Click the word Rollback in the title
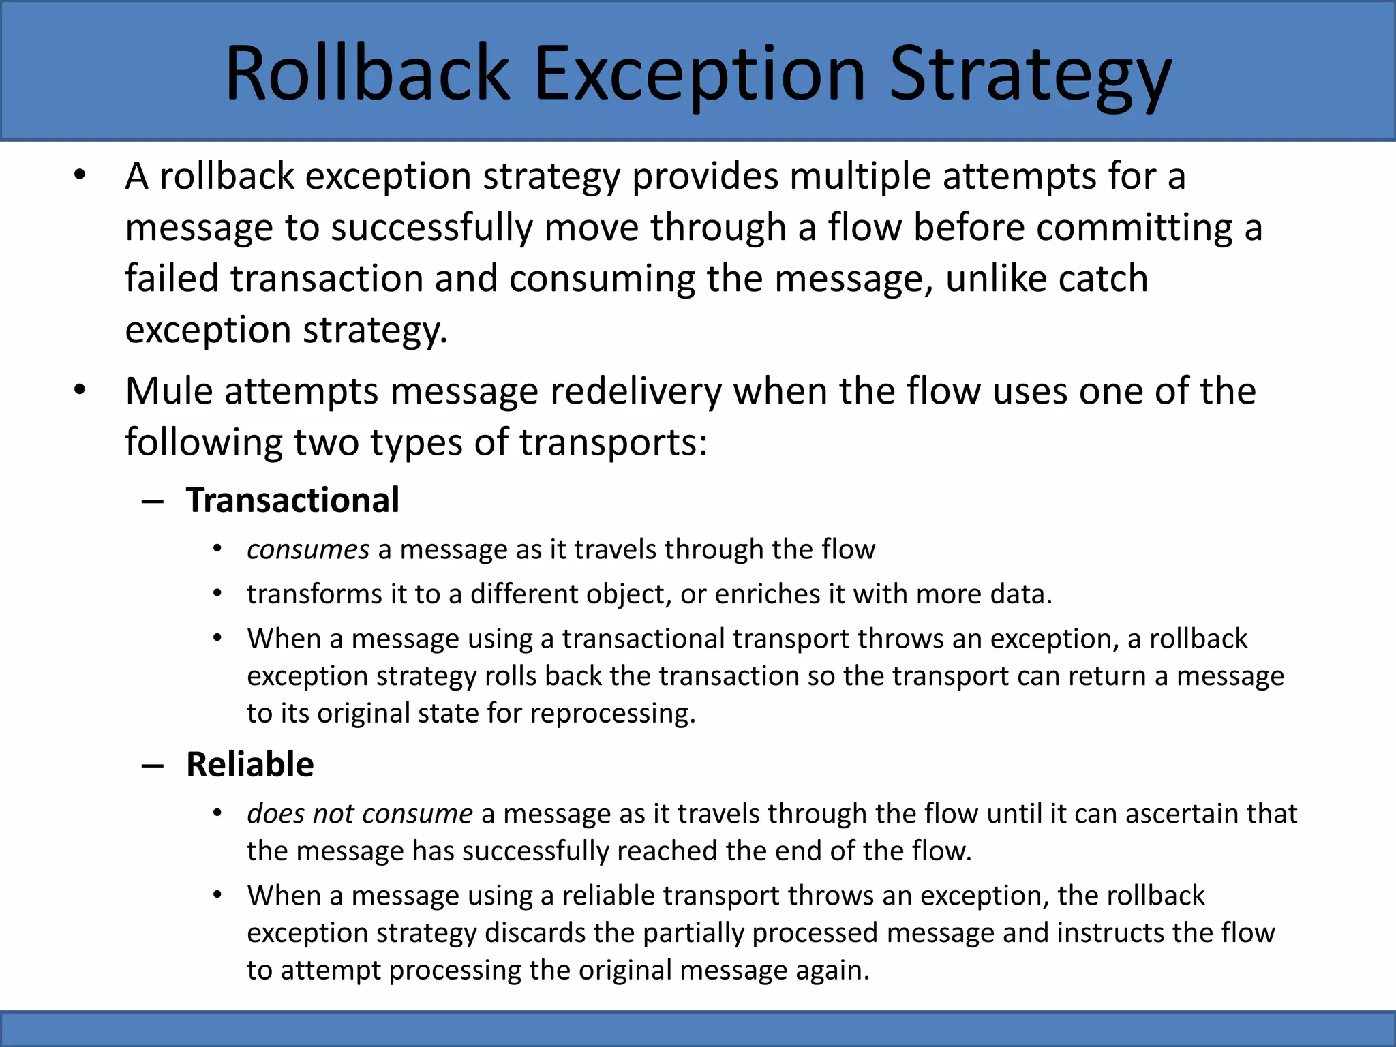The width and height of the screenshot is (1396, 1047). pos(367,73)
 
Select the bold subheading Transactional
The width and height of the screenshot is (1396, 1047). pos(292,500)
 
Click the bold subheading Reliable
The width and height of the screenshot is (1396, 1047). pos(249,764)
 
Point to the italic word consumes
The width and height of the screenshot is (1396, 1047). pos(307,549)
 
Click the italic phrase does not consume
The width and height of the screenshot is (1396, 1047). pos(359,814)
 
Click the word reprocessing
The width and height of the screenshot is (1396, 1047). pos(612,714)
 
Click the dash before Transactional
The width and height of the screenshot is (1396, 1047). pos(153,502)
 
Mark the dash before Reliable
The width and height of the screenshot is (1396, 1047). pos(153,765)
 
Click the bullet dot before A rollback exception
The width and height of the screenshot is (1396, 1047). pos(80,175)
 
